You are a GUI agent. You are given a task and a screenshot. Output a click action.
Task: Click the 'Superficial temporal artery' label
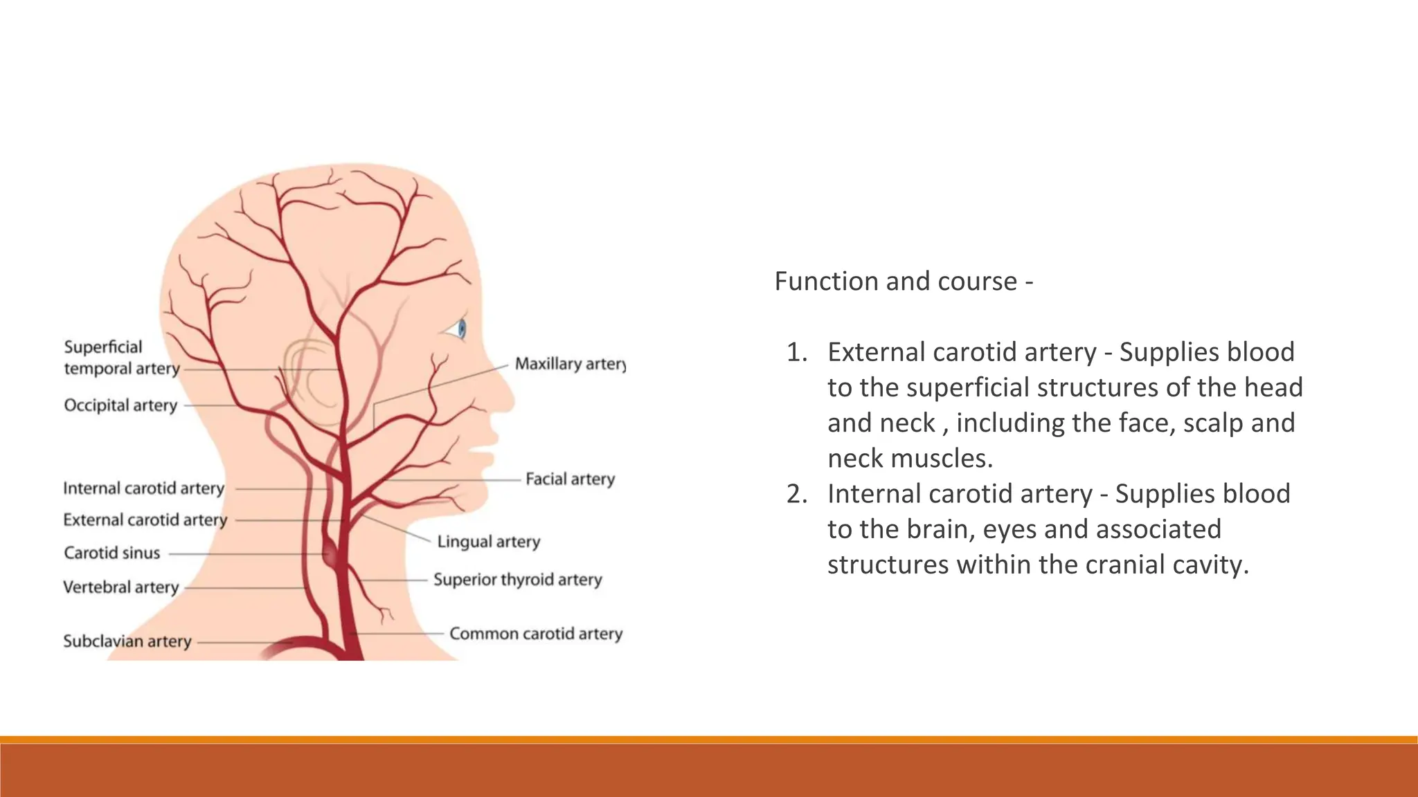(x=121, y=358)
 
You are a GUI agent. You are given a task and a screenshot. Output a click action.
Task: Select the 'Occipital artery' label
(x=120, y=405)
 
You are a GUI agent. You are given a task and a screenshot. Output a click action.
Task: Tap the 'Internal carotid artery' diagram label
(x=143, y=488)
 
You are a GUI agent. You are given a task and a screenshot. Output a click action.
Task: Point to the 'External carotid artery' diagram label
(x=145, y=520)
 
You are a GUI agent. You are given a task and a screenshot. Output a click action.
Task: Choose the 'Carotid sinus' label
(x=111, y=553)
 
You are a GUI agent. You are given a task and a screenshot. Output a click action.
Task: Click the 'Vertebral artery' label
(x=120, y=587)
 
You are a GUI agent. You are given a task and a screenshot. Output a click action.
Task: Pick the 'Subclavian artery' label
(x=127, y=641)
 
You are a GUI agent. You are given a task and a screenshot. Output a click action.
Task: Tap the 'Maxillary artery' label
(x=569, y=364)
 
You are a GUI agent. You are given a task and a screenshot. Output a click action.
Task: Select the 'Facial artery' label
(x=570, y=479)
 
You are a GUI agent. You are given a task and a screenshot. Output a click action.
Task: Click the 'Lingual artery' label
(x=488, y=542)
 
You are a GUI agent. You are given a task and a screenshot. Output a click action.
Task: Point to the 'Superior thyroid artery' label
(x=517, y=580)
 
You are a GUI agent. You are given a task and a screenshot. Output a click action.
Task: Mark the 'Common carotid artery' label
(x=536, y=634)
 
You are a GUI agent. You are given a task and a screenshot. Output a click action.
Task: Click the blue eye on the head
(x=461, y=329)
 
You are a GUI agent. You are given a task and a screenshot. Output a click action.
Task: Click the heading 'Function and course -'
(x=903, y=282)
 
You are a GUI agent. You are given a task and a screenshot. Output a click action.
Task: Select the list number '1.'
(x=797, y=353)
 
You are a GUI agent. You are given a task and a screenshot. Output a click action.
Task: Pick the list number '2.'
(x=797, y=495)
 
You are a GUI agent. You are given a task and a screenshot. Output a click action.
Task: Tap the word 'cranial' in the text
(x=1125, y=565)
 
